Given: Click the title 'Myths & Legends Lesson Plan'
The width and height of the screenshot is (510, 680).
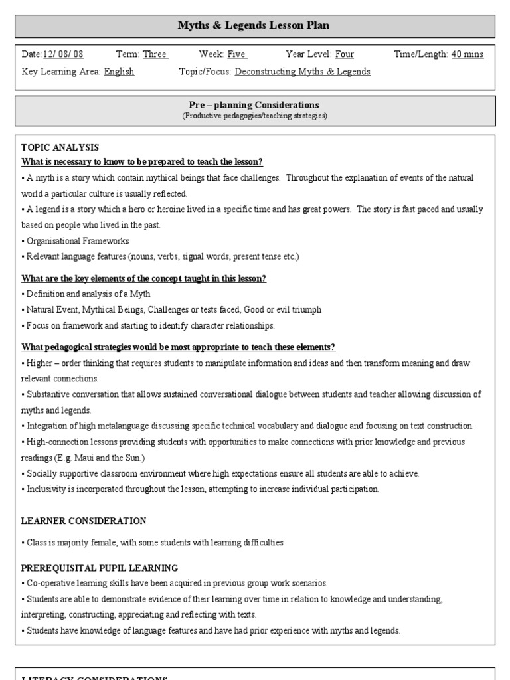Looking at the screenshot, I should click(x=253, y=26).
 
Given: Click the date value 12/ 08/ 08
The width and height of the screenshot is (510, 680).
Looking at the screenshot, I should click(x=63, y=54).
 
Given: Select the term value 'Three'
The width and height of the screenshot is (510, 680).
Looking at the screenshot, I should click(x=155, y=54).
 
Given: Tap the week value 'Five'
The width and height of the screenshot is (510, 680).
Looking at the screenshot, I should click(x=237, y=54).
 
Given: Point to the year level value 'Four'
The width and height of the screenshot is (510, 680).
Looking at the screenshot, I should click(x=344, y=54).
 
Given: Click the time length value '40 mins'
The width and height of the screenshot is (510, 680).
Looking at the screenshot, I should click(x=467, y=54).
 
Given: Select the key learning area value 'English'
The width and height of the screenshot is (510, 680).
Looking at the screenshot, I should click(x=119, y=72).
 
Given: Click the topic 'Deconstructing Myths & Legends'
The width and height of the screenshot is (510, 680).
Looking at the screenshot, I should click(x=303, y=72).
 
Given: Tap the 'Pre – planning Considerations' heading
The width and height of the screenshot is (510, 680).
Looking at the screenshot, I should click(x=254, y=105).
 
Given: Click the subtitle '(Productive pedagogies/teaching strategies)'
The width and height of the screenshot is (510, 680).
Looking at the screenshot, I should click(x=254, y=116).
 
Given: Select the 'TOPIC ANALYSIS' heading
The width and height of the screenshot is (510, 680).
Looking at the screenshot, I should click(x=60, y=147).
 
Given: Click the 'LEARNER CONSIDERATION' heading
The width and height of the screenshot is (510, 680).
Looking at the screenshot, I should click(x=84, y=521).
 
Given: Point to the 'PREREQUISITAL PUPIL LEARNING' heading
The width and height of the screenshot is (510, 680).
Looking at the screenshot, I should click(x=100, y=568).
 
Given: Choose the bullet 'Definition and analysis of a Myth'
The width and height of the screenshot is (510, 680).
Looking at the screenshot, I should click(x=88, y=294).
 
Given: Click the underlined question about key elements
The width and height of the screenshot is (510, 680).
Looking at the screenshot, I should click(x=144, y=278).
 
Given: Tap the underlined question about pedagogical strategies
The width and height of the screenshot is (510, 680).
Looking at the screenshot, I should click(x=179, y=347).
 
